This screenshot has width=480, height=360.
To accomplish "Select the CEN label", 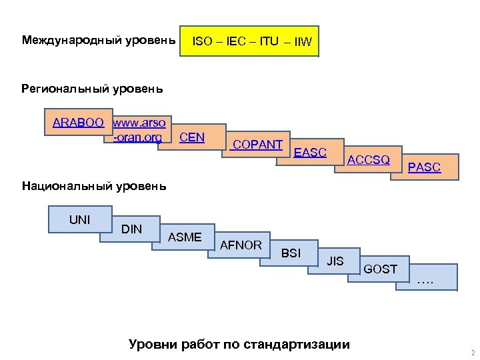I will coord(193,137).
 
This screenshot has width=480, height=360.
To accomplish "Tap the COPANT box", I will coord(257,144).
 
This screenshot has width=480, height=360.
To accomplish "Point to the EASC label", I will coord(311,153).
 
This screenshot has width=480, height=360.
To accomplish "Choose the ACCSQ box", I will coord(369,160).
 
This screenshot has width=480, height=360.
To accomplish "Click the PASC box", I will coord(424,167).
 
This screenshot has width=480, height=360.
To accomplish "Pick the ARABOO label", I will coord(78,123).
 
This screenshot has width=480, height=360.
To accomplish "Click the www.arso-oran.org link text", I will coord(139,130).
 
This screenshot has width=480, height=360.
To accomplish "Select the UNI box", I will coord(80,219).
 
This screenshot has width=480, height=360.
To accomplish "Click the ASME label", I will coord(185,237).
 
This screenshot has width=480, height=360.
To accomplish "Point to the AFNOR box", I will coord(241,245).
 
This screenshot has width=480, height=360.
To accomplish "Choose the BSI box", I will coord(291,253).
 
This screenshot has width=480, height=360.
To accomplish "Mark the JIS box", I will coord(335,261).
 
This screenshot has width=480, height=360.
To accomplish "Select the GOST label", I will coord(381,269).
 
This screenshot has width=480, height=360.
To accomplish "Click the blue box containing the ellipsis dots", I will coord(427,278).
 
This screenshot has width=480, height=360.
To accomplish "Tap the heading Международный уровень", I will coord(99,40).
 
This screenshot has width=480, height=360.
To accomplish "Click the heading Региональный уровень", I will coord(92,89).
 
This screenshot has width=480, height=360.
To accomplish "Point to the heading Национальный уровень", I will coord(94,186).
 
